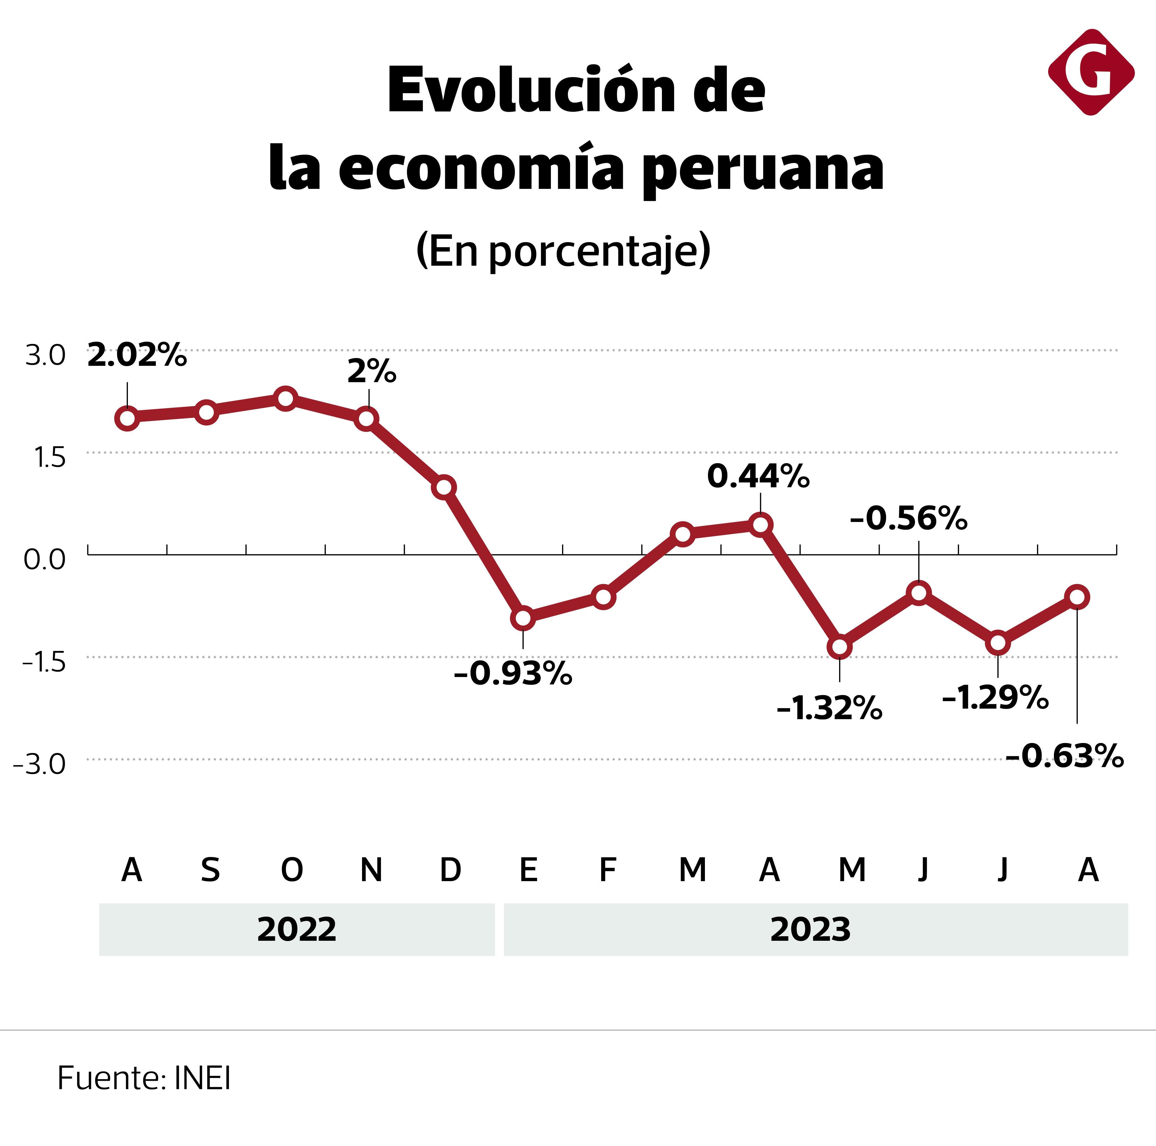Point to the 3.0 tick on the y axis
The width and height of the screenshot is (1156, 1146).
click(x=45, y=355)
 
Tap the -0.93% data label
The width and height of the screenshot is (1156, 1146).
click(x=513, y=674)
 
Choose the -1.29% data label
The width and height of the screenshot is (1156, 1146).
click(x=995, y=698)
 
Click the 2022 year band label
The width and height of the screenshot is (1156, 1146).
click(x=297, y=929)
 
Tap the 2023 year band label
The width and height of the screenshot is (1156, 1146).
click(x=810, y=929)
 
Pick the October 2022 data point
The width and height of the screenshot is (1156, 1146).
click(x=286, y=398)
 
